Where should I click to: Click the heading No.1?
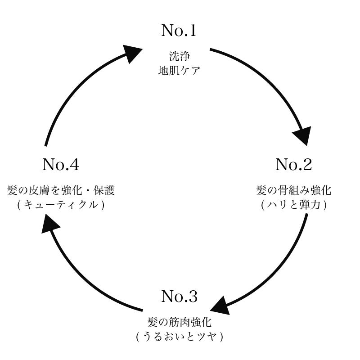point(179,31)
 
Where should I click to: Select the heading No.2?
point(293,165)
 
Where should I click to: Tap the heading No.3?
point(179,297)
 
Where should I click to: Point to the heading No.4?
point(61,165)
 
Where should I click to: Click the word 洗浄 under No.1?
point(179,57)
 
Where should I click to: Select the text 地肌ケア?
point(179,71)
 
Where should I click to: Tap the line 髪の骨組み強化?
point(293,190)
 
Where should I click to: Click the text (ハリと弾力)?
point(293,204)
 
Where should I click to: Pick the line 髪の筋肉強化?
point(179,322)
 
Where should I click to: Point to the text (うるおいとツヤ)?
point(179,336)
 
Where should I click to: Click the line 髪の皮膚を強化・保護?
point(61,190)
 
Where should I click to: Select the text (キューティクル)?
point(61,204)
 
